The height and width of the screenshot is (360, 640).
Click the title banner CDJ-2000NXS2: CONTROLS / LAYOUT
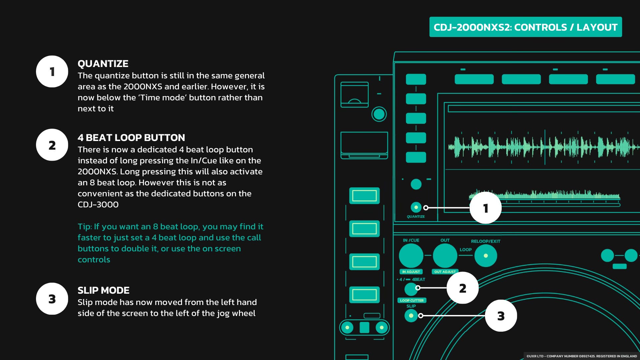[525, 27]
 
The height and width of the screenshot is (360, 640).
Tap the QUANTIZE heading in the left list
[103, 64]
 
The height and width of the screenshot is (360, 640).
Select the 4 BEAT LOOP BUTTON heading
[131, 138]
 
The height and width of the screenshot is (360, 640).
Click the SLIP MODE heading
[104, 290]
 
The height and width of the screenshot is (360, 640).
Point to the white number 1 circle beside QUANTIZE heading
[52, 72]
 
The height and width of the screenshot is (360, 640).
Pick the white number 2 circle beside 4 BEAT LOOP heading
[52, 145]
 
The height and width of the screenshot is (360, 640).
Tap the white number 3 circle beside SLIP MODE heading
[52, 299]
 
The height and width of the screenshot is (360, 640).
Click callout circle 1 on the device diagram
[486, 208]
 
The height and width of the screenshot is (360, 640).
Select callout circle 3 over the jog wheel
[501, 316]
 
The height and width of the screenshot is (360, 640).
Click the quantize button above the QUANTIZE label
[416, 207]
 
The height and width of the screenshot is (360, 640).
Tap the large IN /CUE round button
[411, 256]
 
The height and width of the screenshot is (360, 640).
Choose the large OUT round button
[445, 256]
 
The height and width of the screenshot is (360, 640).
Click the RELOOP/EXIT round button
[486, 256]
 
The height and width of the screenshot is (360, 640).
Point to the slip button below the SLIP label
[411, 315]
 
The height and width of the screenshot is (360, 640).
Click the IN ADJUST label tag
[411, 272]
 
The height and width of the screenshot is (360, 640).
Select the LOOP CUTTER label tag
[412, 300]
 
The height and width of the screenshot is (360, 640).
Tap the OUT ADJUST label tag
[445, 272]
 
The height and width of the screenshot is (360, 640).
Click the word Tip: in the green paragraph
[85, 227]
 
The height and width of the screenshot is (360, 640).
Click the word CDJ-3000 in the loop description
[98, 205]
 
